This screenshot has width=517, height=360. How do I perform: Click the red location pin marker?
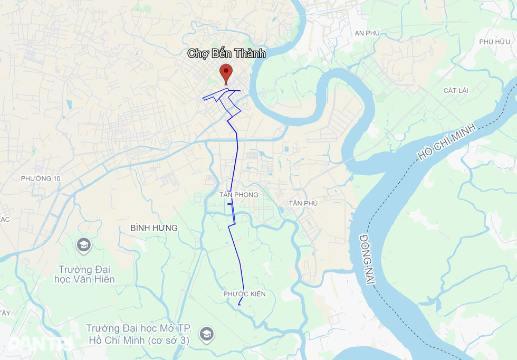click(226, 73)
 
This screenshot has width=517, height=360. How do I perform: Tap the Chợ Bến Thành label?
click(226, 53)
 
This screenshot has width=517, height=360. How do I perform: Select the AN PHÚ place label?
click(367, 33)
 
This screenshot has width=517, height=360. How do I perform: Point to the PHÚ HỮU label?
click(495, 42)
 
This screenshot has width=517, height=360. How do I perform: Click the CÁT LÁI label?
click(456, 91)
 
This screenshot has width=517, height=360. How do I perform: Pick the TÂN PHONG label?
click(239, 195)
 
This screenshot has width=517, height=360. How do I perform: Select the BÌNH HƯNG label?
click(154, 228)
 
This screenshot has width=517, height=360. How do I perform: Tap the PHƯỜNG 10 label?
click(41, 178)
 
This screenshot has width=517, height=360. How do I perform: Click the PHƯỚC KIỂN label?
click(244, 293)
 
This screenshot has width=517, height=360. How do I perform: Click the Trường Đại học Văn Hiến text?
click(84, 274)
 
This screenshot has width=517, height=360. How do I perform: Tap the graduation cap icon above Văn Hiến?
click(83, 245)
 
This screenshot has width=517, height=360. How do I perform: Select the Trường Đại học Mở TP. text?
click(138, 328)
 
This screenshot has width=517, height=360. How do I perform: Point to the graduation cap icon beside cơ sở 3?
click(206, 334)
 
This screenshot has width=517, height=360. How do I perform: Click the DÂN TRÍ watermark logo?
click(40, 344)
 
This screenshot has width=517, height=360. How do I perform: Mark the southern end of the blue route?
click(239, 305)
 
